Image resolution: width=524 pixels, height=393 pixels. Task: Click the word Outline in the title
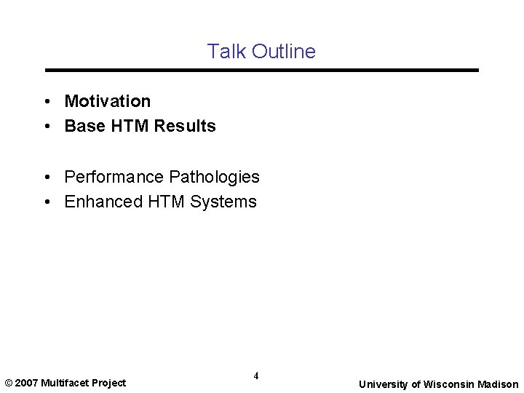click(x=283, y=52)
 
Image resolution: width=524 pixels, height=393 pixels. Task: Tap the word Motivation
click(x=108, y=101)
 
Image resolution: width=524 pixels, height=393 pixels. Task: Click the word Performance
click(x=114, y=177)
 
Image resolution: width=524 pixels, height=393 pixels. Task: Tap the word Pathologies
click(x=214, y=177)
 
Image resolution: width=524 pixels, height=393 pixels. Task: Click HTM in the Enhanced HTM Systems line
click(x=166, y=202)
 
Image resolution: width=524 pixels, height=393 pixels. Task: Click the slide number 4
click(x=256, y=376)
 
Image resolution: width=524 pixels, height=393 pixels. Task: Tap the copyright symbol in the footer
click(x=9, y=383)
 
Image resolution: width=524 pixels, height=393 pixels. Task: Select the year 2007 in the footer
click(x=27, y=383)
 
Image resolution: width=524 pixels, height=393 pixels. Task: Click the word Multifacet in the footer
click(x=65, y=383)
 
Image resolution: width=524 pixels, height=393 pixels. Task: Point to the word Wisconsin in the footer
click(x=449, y=384)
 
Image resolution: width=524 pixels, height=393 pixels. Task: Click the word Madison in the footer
click(x=499, y=384)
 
